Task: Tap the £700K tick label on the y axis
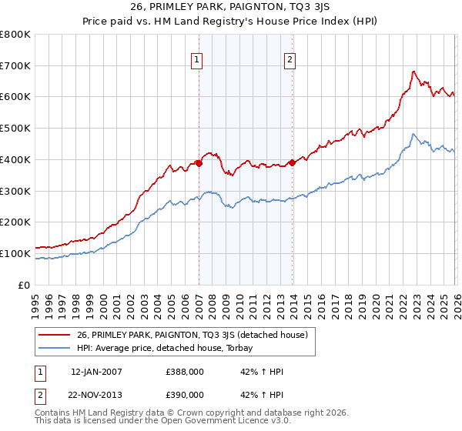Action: point(15,66)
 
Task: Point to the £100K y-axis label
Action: point(15,253)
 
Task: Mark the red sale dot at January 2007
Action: point(199,163)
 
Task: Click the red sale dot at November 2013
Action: point(292,162)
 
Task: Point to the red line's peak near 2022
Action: point(413,72)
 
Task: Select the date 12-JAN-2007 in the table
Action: point(98,372)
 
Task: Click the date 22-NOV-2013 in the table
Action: point(98,396)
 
